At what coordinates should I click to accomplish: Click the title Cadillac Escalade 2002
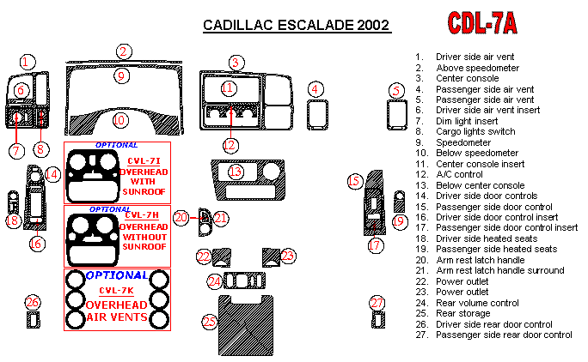[x=297, y=25]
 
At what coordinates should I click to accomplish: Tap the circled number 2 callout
[x=125, y=51]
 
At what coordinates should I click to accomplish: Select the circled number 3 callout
[x=235, y=62]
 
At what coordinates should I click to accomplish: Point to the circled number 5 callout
[x=396, y=90]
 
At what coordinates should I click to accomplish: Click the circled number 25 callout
[x=209, y=322]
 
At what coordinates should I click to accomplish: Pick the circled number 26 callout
[x=32, y=303]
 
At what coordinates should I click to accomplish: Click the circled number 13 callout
[x=235, y=172]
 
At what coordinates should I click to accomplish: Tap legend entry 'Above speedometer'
[x=477, y=67]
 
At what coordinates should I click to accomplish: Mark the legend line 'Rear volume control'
[x=476, y=303]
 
